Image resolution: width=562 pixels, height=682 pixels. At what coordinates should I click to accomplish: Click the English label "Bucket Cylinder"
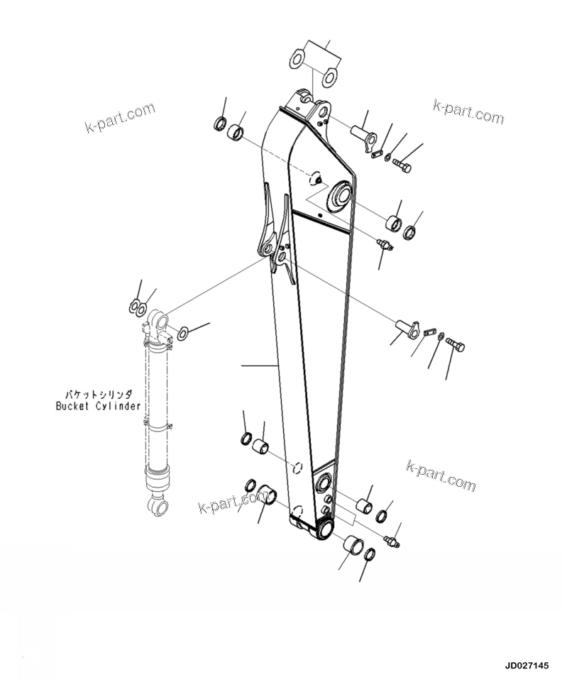click(98, 406)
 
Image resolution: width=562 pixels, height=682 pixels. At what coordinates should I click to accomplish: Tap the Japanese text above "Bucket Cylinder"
click(101, 393)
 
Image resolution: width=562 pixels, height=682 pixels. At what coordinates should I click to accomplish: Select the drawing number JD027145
click(527, 666)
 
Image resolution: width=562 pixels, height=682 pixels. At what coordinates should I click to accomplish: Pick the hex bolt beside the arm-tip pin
click(402, 166)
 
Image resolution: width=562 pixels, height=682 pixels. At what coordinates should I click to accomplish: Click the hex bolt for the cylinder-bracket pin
click(456, 346)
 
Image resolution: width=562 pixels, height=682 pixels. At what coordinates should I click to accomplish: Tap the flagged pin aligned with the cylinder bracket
click(405, 327)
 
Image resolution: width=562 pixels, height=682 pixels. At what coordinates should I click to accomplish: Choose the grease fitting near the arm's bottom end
click(392, 541)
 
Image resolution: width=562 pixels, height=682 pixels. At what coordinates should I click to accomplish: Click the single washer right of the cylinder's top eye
click(183, 331)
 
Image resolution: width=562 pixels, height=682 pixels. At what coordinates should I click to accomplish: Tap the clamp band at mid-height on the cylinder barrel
click(160, 427)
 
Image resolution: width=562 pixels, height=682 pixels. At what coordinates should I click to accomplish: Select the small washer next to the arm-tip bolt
click(388, 158)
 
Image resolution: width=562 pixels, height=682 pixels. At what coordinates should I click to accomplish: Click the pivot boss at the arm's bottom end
click(325, 529)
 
